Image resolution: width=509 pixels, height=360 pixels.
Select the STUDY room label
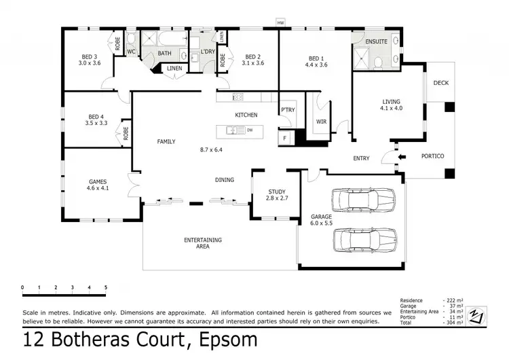click(x=276, y=192)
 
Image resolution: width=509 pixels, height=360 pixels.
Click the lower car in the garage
click(x=364, y=240)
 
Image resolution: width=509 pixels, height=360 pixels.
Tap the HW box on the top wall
click(x=280, y=22)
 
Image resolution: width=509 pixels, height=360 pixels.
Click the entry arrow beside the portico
click(x=401, y=157)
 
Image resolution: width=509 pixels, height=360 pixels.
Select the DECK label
click(x=440, y=83)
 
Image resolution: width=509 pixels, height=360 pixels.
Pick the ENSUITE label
click(x=375, y=41)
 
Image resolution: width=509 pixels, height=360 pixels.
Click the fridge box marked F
click(x=284, y=138)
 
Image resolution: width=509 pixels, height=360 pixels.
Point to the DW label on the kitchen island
click(x=250, y=130)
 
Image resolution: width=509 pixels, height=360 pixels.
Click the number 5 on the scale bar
click(x=105, y=288)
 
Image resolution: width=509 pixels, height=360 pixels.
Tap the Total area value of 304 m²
click(x=454, y=323)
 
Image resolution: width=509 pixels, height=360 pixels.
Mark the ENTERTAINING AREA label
click(x=203, y=243)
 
